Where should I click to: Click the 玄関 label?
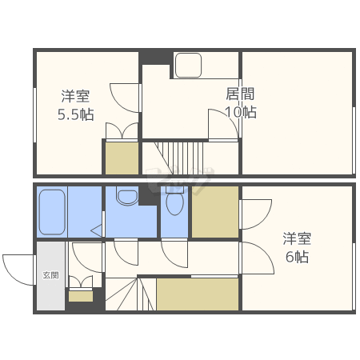[50, 275]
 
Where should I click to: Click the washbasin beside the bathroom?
[126, 196]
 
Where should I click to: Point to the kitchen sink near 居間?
[189, 66]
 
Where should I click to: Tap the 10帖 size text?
[240, 112]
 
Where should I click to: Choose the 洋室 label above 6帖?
[297, 238]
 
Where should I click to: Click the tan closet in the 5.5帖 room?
[122, 158]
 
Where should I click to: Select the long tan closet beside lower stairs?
[198, 294]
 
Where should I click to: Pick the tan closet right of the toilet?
[214, 213]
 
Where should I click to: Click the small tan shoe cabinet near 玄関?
[80, 296]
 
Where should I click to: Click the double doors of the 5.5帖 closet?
[122, 131]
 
